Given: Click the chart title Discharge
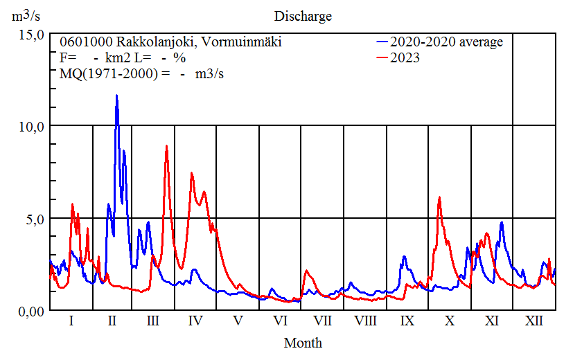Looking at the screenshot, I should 303,16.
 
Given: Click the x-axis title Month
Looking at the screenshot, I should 303,343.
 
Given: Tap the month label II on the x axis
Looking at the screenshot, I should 113,321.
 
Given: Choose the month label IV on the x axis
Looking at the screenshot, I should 195,321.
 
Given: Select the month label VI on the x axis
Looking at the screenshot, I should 281,321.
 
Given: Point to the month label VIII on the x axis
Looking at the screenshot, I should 365,321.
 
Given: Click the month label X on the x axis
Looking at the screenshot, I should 450,321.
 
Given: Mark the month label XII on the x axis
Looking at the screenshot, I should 533,321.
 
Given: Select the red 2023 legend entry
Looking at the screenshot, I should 405,58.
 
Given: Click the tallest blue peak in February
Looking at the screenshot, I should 116,96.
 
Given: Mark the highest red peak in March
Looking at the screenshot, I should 166,146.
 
